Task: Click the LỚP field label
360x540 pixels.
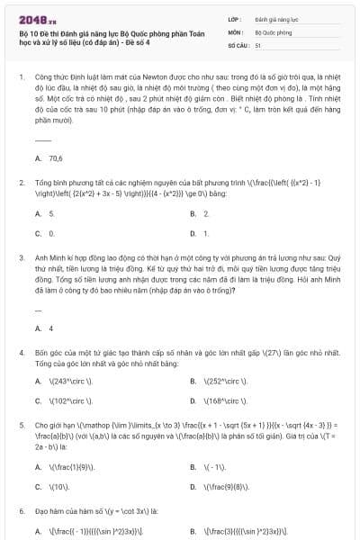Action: coord(236,17)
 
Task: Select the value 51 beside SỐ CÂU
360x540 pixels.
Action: coord(258,43)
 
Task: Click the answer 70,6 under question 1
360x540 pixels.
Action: coord(56,158)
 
